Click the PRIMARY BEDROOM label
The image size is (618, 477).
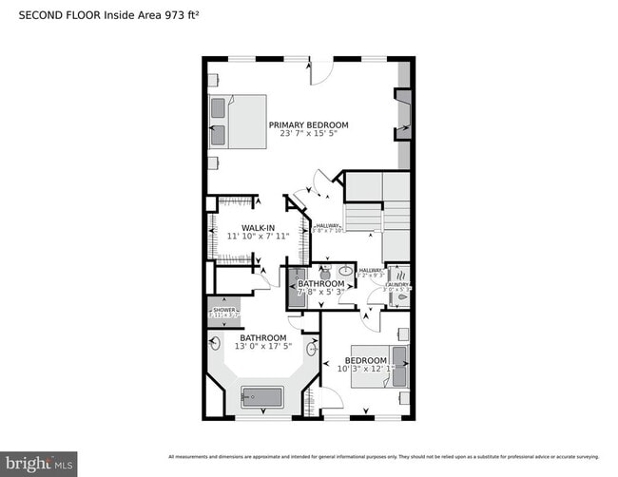(x=308, y=124)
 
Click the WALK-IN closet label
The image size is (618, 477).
(x=259, y=227)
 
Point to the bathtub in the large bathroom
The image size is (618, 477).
(x=262, y=396)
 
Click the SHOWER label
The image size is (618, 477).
(x=224, y=310)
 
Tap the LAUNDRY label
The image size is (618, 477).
(x=397, y=284)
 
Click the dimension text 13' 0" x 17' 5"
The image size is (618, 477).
(x=262, y=348)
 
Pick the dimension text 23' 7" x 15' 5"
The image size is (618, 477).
(x=308, y=134)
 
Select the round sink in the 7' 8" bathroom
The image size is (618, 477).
(x=345, y=271)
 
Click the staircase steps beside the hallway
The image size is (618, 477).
(x=362, y=219)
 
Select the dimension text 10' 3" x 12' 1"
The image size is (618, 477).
(x=366, y=371)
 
